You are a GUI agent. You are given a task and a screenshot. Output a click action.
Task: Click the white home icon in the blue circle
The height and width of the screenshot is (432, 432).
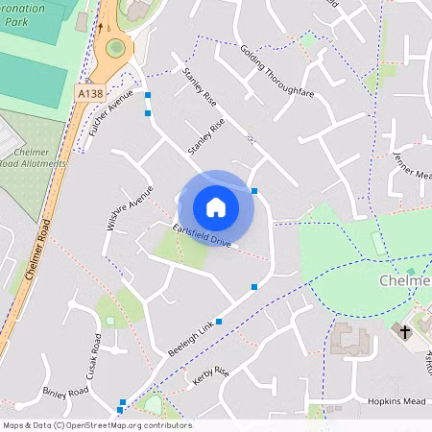coord(215,206)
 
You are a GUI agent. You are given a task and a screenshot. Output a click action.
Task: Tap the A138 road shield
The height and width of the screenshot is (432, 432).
coord(88,93)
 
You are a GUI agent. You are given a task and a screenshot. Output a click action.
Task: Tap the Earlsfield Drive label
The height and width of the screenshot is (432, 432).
coord(203,234)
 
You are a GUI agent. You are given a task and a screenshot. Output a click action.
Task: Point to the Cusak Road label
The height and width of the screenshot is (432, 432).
coord(96,356)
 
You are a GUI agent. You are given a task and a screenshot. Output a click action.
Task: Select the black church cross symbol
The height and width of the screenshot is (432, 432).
coord(403,331)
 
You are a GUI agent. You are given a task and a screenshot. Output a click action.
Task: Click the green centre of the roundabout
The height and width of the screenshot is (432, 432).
coord(116,47)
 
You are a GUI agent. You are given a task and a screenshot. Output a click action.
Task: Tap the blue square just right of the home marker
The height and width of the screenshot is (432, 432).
coord(254,191)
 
